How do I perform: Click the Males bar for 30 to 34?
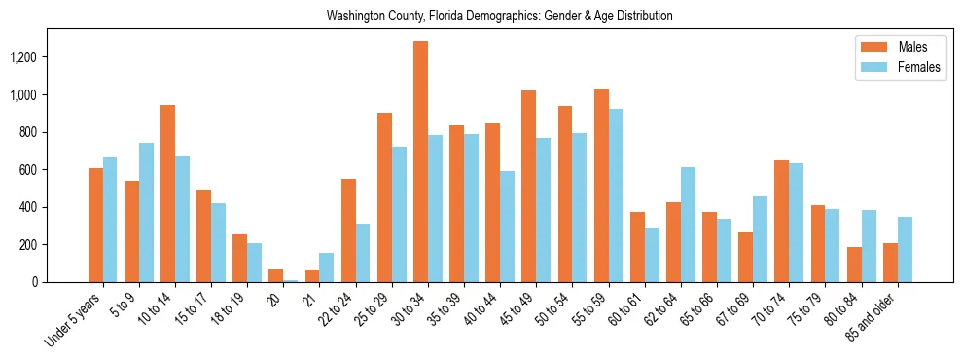tap(420, 162)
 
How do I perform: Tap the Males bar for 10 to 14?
tap(167, 194)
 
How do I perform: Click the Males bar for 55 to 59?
tap(601, 185)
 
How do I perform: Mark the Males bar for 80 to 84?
tap(854, 265)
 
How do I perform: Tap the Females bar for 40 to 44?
tap(507, 227)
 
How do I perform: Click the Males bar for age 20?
tap(276, 275)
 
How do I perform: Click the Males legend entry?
tap(895, 47)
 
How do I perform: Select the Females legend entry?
tap(895, 67)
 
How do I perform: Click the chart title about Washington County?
tap(499, 17)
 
